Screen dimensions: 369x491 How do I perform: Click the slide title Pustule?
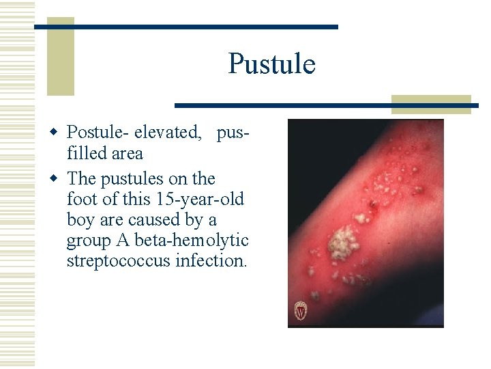[x=271, y=64]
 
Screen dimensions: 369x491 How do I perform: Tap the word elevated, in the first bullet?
[x=167, y=132]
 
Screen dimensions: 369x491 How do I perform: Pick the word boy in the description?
[x=80, y=220]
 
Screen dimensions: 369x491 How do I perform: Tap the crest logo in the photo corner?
[x=300, y=311]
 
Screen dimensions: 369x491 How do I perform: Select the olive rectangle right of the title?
[x=431, y=104]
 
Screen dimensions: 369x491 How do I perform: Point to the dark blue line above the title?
[x=186, y=27]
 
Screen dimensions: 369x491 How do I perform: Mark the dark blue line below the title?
[x=326, y=106]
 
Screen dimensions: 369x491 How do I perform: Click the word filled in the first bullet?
[x=87, y=153]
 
